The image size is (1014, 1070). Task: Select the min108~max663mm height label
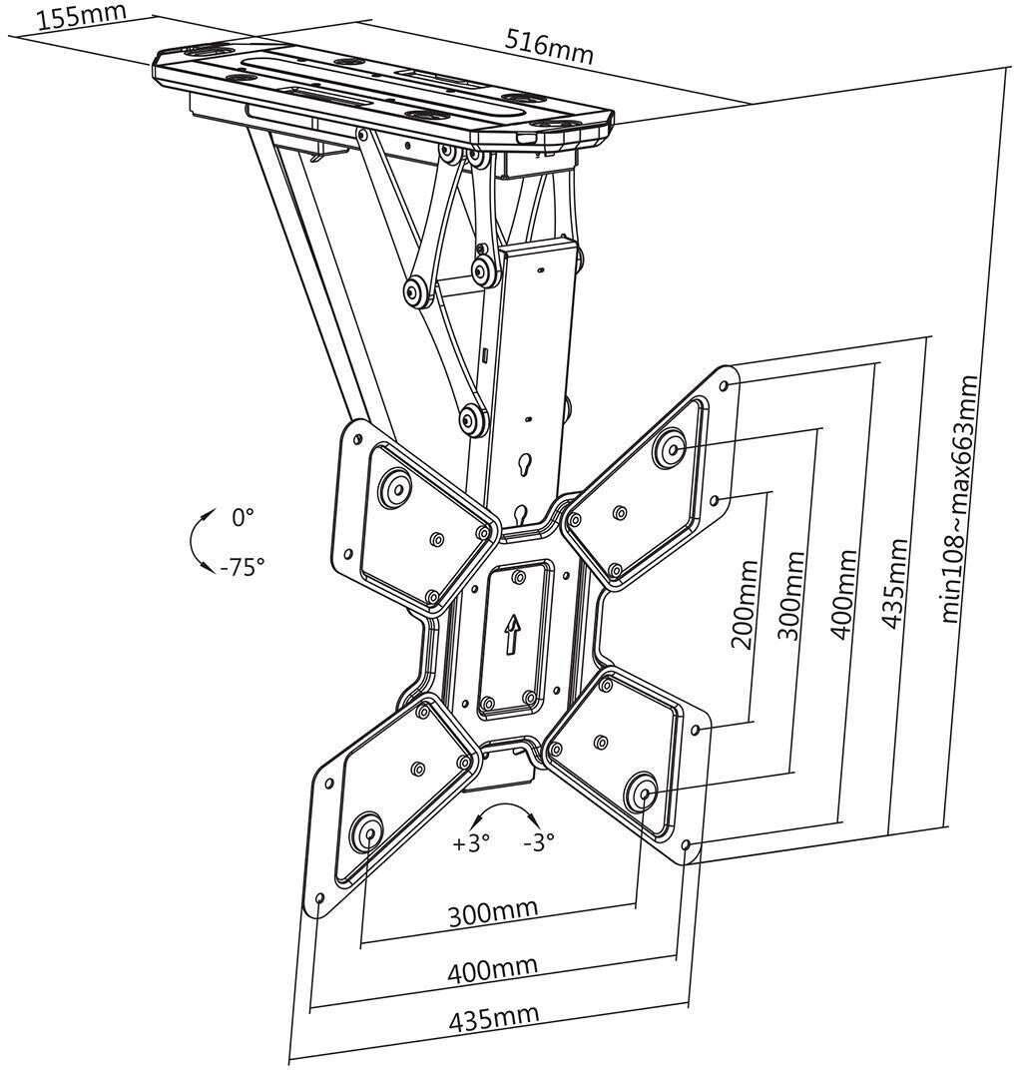tap(960, 498)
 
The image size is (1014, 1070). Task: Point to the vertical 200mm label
tap(744, 604)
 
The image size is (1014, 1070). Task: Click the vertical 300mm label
tap(790, 596)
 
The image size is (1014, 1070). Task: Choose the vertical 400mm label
tap(842, 594)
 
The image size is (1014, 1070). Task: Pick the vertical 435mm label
tap(894, 584)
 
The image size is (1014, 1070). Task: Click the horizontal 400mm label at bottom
tap(492, 968)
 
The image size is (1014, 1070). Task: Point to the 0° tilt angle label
tap(243, 517)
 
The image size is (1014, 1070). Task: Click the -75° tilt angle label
tap(242, 567)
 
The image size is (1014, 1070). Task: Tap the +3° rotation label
tap(472, 842)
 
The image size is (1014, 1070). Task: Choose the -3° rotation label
tap(539, 842)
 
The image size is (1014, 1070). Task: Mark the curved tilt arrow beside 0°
tap(203, 540)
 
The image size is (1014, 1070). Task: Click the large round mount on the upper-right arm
tap(670, 447)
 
